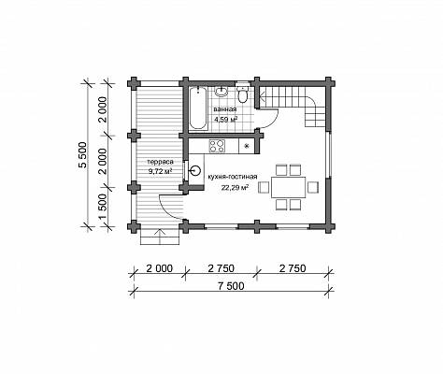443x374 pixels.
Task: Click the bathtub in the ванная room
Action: point(198,108)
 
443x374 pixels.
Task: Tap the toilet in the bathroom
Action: point(242,93)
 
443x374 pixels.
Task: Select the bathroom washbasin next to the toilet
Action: point(221,92)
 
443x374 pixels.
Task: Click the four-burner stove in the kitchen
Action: point(217,146)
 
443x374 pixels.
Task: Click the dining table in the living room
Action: point(289,187)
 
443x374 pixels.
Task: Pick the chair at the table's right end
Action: point(313,187)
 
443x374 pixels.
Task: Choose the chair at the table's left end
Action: point(264,188)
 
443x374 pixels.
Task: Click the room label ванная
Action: point(225,109)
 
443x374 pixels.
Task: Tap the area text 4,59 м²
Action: point(226,119)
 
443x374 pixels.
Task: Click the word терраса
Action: point(160,162)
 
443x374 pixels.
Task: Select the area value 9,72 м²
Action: point(160,171)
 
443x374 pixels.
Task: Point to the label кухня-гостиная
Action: point(233,177)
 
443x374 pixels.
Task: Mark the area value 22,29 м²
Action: point(235,188)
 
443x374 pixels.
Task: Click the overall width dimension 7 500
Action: point(231,286)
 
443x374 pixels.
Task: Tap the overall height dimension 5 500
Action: point(82,155)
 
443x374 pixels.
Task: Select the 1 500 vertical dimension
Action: point(104,207)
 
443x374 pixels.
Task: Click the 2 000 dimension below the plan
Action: point(159,268)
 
